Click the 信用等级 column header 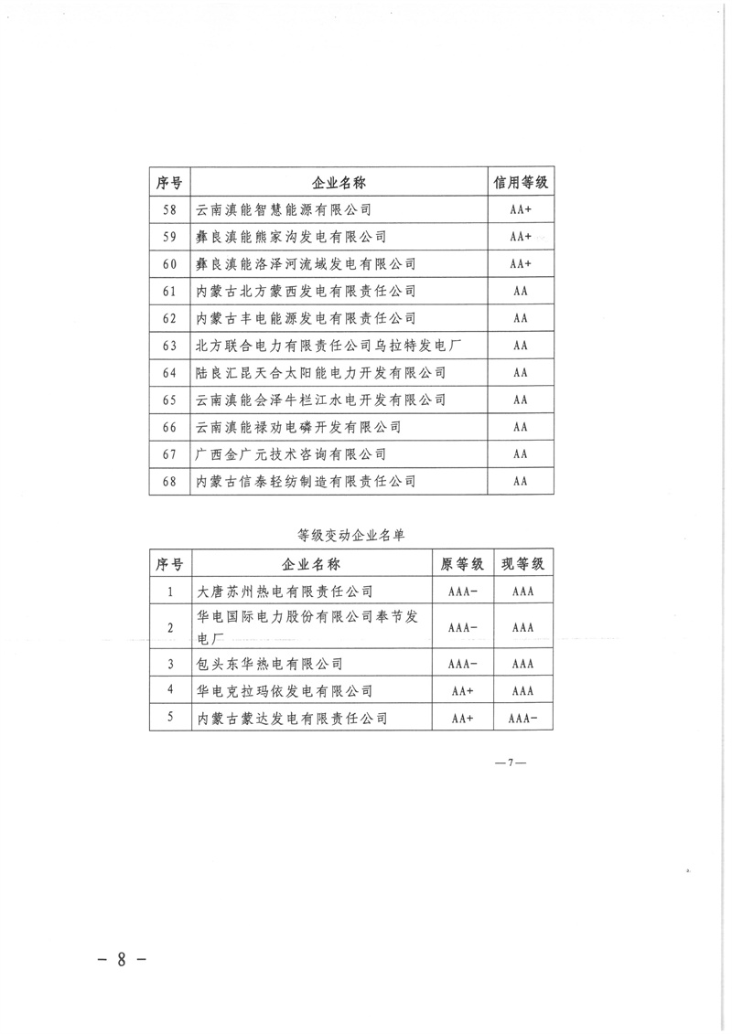(x=522, y=183)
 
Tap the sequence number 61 (x=168, y=292)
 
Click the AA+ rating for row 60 (x=522, y=264)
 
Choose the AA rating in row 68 (x=522, y=482)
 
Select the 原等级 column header (x=463, y=564)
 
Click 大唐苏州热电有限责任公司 (x=285, y=592)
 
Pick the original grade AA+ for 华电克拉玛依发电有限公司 (x=463, y=691)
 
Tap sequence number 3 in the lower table (x=170, y=663)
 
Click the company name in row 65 (x=321, y=400)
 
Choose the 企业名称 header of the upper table (x=339, y=183)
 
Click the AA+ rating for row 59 (x=522, y=237)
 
